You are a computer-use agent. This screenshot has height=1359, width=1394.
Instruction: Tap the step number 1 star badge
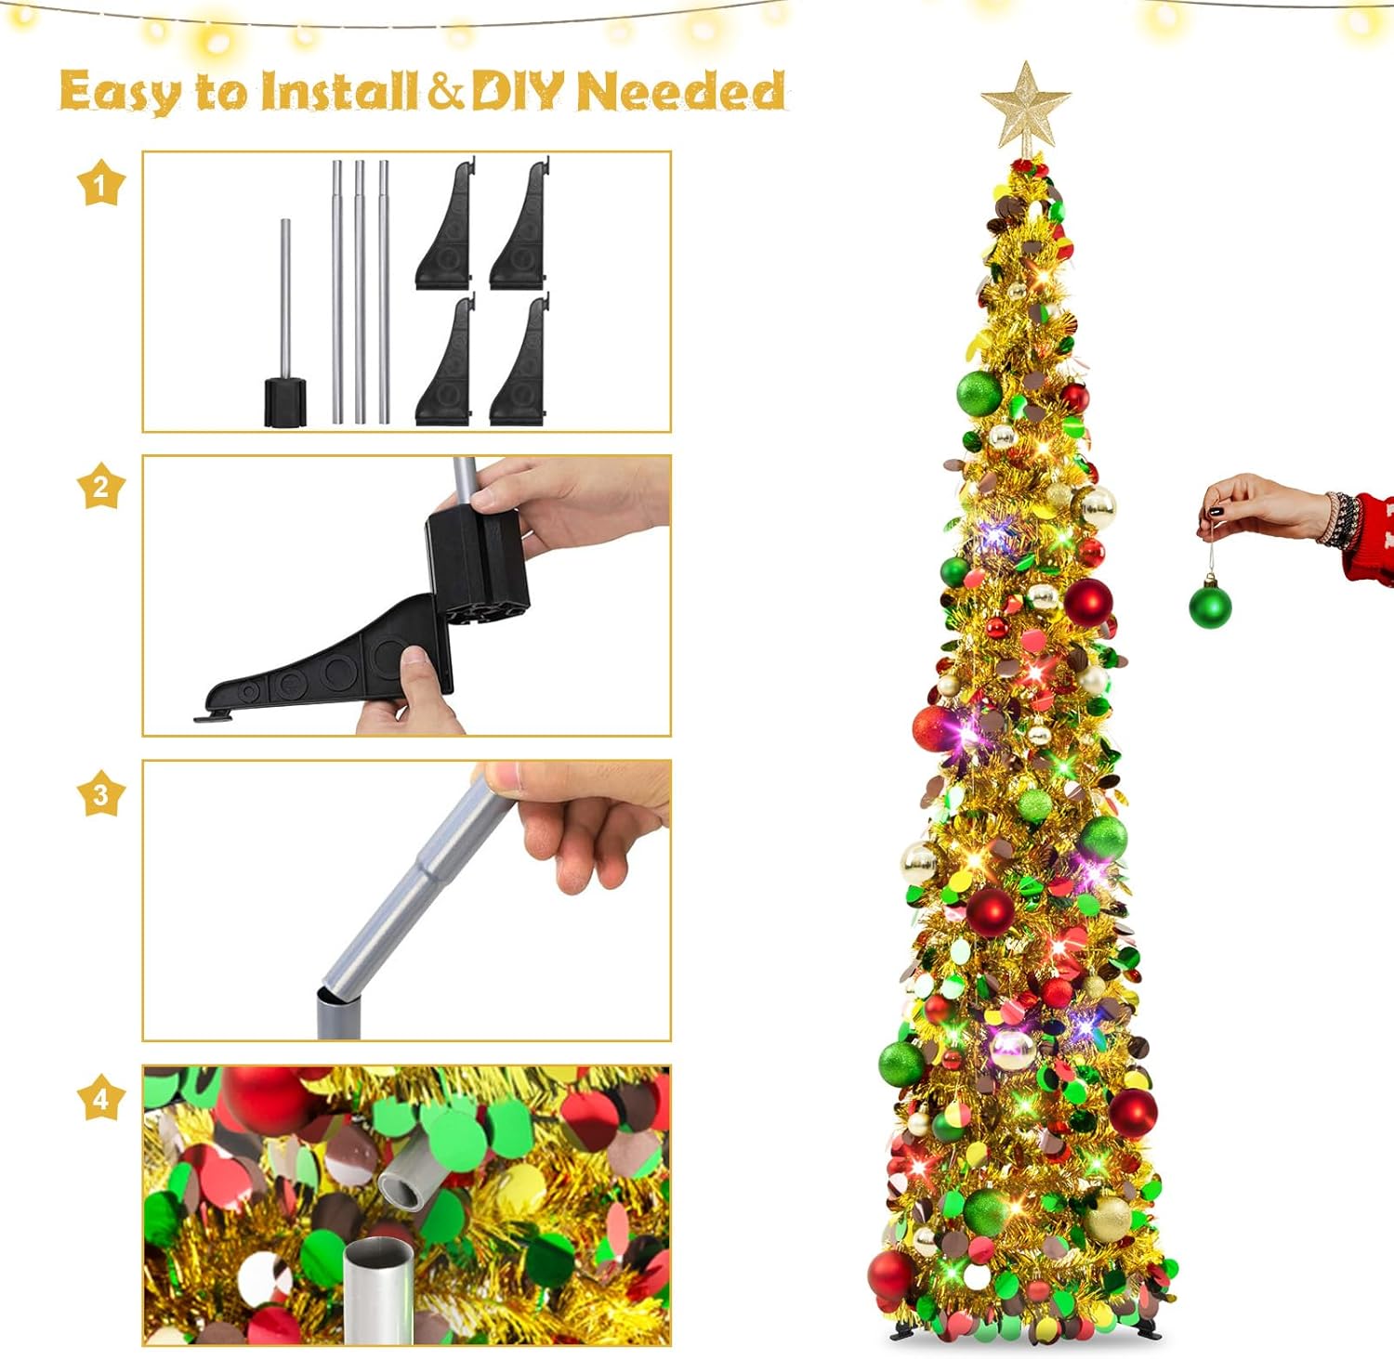click(100, 183)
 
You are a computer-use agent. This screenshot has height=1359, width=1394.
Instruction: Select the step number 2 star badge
click(100, 486)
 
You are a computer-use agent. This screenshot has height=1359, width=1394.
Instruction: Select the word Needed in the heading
click(681, 90)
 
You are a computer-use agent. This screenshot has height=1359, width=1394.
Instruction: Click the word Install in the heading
click(339, 91)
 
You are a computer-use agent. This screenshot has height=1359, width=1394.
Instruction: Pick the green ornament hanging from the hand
click(1210, 602)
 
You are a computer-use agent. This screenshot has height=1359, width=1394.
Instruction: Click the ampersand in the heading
click(445, 91)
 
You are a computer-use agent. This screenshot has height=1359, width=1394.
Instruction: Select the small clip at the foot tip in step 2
click(213, 714)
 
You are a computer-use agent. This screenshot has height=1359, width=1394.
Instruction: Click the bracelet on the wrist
click(1337, 519)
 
